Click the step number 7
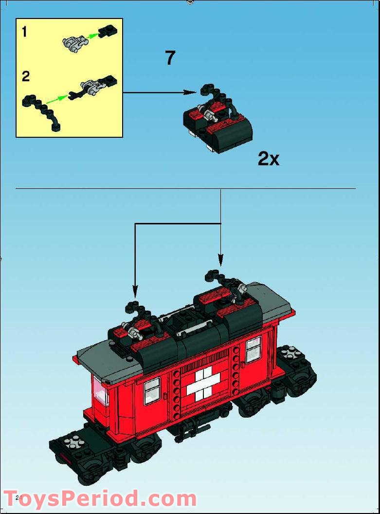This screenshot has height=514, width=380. click(170, 58)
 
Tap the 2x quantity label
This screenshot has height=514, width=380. click(269, 159)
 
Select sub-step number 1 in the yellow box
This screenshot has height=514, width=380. click(24, 33)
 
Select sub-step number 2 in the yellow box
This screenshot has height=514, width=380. click(25, 76)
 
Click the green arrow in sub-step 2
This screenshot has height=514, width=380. click(58, 98)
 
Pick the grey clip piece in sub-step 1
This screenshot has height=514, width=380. click(73, 43)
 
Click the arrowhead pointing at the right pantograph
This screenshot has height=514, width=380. click(220, 262)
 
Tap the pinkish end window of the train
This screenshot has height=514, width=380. click(101, 394)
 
